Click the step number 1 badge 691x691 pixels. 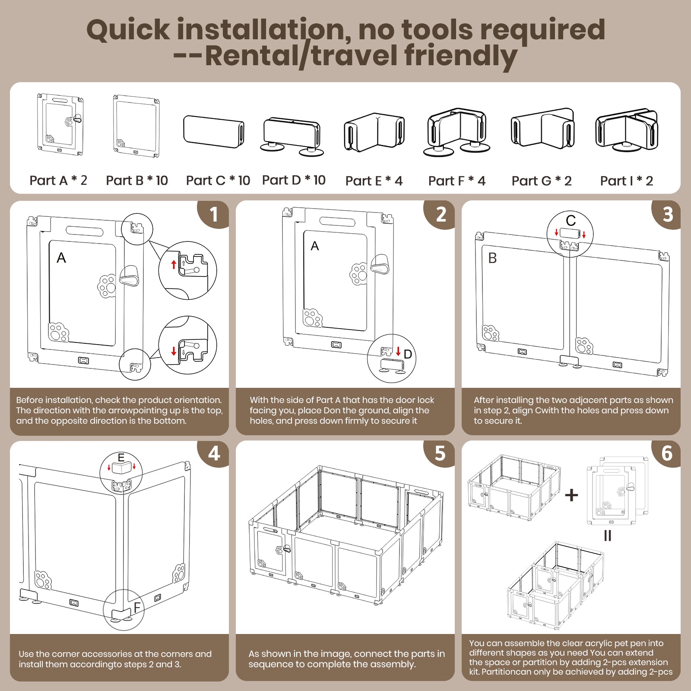pyautogui.click(x=214, y=214)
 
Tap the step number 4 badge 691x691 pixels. pyautogui.click(x=214, y=453)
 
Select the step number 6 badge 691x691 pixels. pyautogui.click(x=667, y=453)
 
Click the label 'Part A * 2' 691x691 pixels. pyautogui.click(x=58, y=181)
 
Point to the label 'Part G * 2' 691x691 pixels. pyautogui.click(x=542, y=181)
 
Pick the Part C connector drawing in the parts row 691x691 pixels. pyautogui.click(x=214, y=131)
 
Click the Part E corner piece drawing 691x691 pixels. pyautogui.click(x=374, y=132)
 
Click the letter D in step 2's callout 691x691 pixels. pyautogui.click(x=408, y=355)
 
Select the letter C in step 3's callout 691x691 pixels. pyautogui.click(x=571, y=221)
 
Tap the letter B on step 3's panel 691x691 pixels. pyautogui.click(x=492, y=258)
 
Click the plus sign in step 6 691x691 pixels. pyautogui.click(x=571, y=495)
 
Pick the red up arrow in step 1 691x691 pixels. pyautogui.click(x=174, y=264)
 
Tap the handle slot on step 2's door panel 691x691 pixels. pyautogui.click(x=337, y=222)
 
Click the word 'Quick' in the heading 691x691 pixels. pyautogui.click(x=128, y=30)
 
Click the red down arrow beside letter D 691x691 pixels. pyautogui.click(x=398, y=351)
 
